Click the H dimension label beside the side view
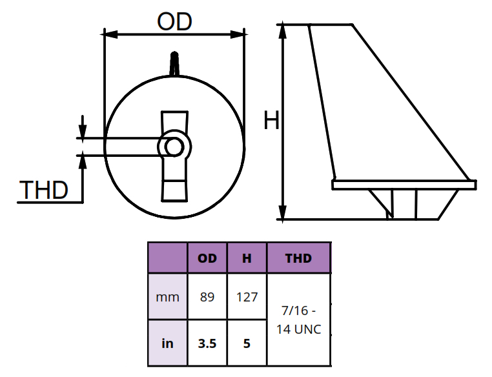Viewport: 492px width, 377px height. (271, 120)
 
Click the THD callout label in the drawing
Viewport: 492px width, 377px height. (44, 190)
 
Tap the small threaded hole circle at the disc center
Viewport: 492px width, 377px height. (172, 147)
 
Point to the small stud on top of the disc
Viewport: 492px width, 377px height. (174, 65)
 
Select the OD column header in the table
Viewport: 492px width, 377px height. (207, 258)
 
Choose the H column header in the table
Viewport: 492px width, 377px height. (247, 258)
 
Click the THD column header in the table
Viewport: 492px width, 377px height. (298, 258)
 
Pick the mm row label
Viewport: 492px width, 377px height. (167, 298)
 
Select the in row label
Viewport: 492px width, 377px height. (167, 343)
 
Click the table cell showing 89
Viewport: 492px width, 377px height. (207, 298)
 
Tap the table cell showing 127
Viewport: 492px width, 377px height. (247, 298)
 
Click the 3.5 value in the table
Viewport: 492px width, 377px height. (207, 343)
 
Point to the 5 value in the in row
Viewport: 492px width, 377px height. (247, 343)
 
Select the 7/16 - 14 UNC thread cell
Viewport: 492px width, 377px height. (298, 320)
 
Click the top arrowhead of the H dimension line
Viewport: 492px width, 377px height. (282, 30)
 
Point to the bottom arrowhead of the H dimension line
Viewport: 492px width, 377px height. (282, 214)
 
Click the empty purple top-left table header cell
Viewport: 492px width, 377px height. (167, 258)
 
